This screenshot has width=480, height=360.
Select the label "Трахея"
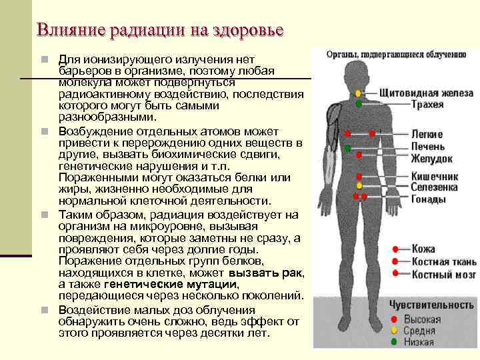(428, 104)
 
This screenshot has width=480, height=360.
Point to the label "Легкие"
(427, 134)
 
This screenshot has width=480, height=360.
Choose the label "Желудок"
(431, 159)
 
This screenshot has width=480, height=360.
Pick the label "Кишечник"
(434, 177)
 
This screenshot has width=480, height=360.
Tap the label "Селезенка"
(433, 188)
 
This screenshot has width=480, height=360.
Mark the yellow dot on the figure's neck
(359, 93)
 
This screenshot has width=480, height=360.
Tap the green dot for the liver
(347, 147)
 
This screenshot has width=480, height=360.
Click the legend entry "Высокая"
(419, 318)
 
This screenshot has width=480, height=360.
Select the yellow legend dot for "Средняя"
(395, 330)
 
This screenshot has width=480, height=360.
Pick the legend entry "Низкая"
(417, 342)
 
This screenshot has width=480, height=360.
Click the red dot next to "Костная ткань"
(395, 261)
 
